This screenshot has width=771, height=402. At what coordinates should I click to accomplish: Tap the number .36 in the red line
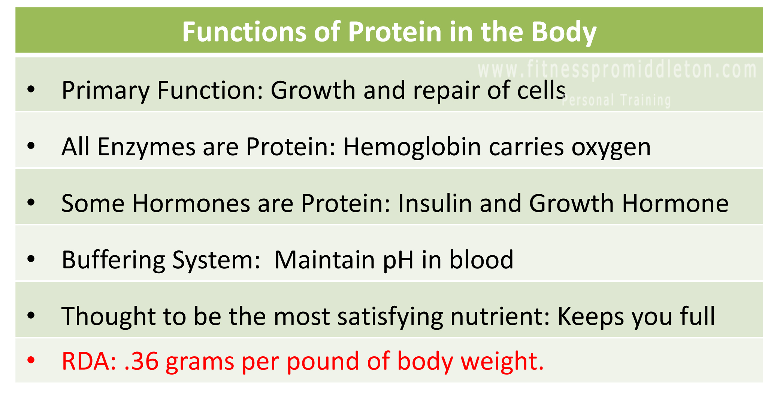pos(141,361)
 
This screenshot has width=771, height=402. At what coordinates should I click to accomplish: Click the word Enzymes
pos(146,147)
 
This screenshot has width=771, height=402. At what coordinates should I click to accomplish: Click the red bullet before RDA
pos(31,360)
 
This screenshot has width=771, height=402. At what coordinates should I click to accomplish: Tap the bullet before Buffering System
pos(31,259)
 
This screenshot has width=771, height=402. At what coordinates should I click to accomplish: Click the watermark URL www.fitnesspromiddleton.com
pos(617,70)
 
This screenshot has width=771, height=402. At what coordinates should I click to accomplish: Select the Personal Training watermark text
pos(616,100)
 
